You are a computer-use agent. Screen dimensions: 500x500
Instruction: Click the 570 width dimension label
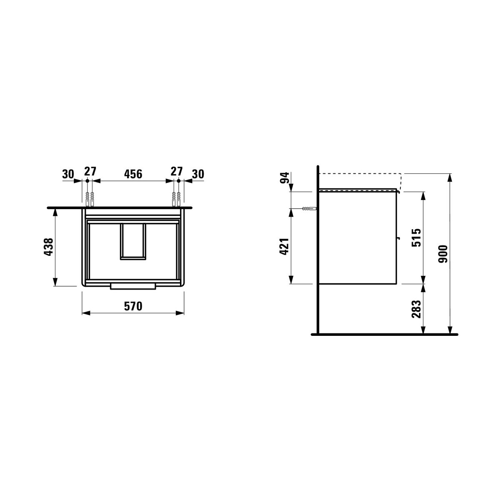point(133,306)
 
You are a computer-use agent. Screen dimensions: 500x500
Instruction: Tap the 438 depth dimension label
point(49,247)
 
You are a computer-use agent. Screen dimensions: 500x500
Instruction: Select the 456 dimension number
point(133,174)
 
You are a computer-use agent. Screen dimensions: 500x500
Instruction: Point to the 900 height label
point(443,254)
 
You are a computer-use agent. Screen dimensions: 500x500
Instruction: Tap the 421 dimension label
point(285,247)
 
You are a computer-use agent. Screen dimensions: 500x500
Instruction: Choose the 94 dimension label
point(285,178)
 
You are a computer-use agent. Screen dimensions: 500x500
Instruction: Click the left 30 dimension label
point(68,174)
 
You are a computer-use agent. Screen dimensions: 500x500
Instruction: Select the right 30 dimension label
point(198,174)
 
